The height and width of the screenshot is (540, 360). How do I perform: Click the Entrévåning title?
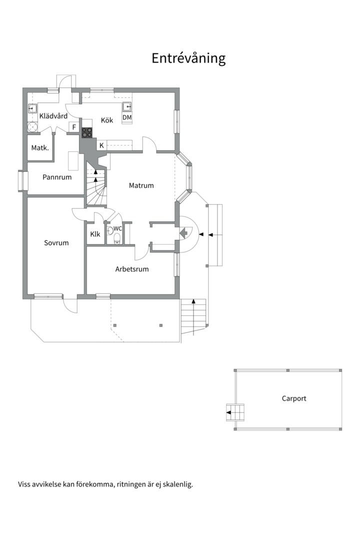point(188,58)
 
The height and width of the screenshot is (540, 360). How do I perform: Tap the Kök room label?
point(107,120)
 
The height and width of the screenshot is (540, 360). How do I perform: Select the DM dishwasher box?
point(127,117)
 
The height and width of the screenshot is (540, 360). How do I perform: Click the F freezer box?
point(74,127)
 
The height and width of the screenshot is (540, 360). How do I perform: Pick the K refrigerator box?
point(101,145)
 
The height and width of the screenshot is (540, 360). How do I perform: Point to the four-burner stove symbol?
point(87,132)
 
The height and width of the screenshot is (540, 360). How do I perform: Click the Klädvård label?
point(53,116)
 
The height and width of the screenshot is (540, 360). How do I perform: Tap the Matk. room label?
point(40,147)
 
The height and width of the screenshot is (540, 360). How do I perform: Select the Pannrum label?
point(57,177)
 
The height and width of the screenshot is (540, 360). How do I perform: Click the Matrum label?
point(141,185)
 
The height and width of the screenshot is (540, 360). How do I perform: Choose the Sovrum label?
point(56,243)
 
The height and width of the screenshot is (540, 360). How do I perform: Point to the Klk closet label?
point(95,234)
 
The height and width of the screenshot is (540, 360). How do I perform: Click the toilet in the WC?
point(117,237)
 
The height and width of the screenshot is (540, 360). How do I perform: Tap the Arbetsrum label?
point(132,269)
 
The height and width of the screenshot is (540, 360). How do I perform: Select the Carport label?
point(294,398)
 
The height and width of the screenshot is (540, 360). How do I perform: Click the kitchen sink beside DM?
point(127,107)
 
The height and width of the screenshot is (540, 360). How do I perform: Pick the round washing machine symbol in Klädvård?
point(32,127)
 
